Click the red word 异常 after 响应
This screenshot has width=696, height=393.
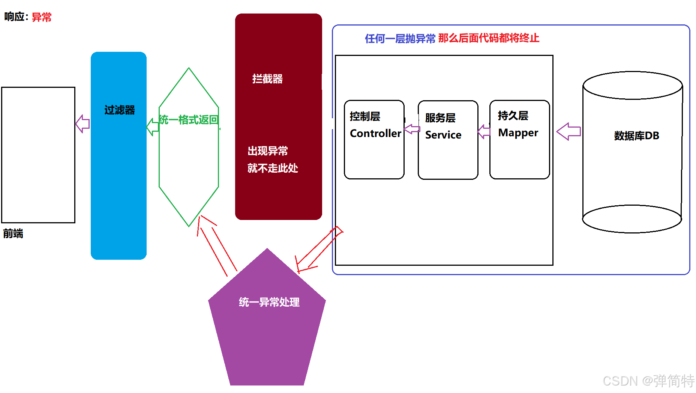(41, 17)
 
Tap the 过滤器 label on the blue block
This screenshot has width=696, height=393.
(119, 110)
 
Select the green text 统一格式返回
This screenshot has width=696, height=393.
(188, 120)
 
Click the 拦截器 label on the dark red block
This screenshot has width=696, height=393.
(267, 79)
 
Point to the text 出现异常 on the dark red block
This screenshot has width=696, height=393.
(267, 151)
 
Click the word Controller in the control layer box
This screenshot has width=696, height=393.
(375, 134)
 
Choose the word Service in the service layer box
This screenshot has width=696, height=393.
(443, 135)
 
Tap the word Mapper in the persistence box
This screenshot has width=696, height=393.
(518, 133)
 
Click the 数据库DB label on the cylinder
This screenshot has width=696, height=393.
(636, 136)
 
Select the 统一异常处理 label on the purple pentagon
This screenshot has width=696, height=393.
(269, 302)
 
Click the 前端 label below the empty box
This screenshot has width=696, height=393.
(13, 234)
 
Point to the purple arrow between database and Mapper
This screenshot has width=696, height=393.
(568, 131)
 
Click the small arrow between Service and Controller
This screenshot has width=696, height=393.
(412, 129)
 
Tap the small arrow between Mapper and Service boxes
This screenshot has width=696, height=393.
(484, 131)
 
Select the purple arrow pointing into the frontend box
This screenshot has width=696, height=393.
(82, 124)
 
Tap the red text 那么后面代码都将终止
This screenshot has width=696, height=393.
(488, 38)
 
